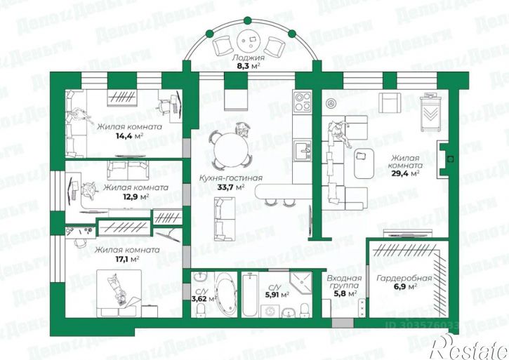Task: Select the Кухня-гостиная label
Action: click(x=231, y=178)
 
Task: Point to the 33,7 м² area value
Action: click(x=231, y=187)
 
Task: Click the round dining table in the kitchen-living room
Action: click(x=231, y=149)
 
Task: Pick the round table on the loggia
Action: click(x=249, y=39)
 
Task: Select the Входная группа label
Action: click(x=344, y=283)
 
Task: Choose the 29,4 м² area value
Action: click(x=406, y=173)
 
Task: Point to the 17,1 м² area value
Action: click(x=127, y=258)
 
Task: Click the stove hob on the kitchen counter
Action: click(x=303, y=102)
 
